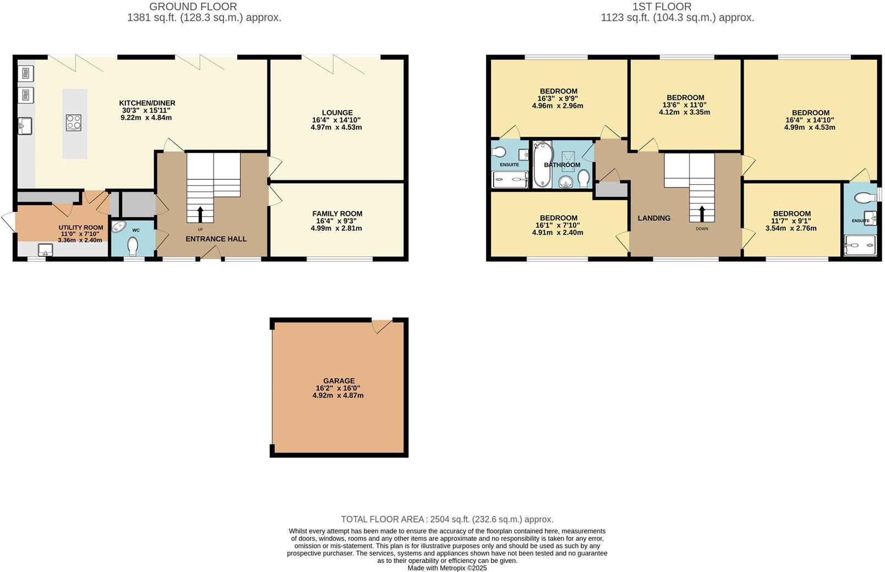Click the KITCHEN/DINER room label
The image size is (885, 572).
(147, 103)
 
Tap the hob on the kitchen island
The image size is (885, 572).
(74, 122)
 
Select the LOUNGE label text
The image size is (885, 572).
(337, 113)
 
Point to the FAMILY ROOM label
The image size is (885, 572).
(337, 213)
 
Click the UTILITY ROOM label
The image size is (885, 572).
(81, 227)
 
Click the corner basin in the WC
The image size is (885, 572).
(118, 227)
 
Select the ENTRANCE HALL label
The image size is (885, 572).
(216, 239)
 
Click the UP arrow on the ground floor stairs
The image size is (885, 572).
(200, 213)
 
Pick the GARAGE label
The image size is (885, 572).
(338, 381)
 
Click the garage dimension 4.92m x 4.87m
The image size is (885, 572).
(338, 395)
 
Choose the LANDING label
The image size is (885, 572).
(654, 218)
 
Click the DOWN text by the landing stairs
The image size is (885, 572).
(702, 229)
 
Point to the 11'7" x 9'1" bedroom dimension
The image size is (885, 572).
(791, 221)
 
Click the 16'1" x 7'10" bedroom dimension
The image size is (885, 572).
(558, 225)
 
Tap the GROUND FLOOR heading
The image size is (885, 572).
(193, 7)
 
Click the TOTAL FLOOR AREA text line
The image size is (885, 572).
(447, 519)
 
